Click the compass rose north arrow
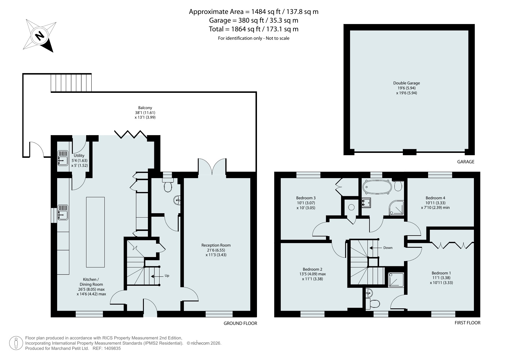tap(40, 36)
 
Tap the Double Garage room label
tap(406, 83)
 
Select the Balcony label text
tap(145, 108)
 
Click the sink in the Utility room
tap(63, 158)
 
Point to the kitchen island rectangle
tap(95, 232)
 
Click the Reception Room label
tap(216, 245)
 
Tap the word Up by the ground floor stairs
tap(167, 276)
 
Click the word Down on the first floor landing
tap(388, 248)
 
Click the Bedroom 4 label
tap(435, 198)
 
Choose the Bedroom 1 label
tap(441, 273)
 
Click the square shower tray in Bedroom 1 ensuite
tap(396, 280)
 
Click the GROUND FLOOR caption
tap(240, 323)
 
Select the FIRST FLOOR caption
tap(467, 323)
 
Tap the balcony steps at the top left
tap(71, 83)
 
